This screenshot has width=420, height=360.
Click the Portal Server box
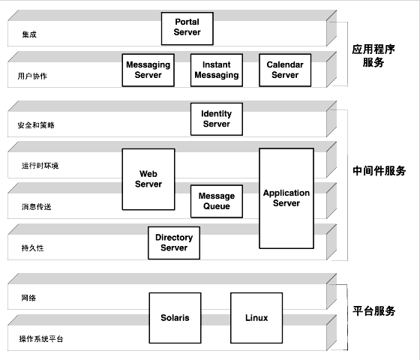[187, 28]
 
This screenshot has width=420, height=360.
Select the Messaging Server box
[148, 70]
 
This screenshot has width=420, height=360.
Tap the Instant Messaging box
[216, 70]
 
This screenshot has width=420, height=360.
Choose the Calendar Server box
[285, 70]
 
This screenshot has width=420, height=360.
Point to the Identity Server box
[216, 118]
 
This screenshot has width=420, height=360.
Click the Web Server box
[148, 179]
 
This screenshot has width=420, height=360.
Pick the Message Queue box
[217, 201]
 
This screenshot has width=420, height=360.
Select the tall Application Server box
[286, 198]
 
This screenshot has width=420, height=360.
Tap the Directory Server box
[174, 242]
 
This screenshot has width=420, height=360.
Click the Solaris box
[175, 318]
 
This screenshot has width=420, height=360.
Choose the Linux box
[256, 318]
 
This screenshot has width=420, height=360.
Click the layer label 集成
[28, 34]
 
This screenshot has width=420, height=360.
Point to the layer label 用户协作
[32, 76]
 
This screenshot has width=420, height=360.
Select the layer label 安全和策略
[36, 125]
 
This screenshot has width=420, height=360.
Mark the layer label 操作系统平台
[40, 339]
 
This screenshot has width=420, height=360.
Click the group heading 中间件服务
[379, 171]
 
